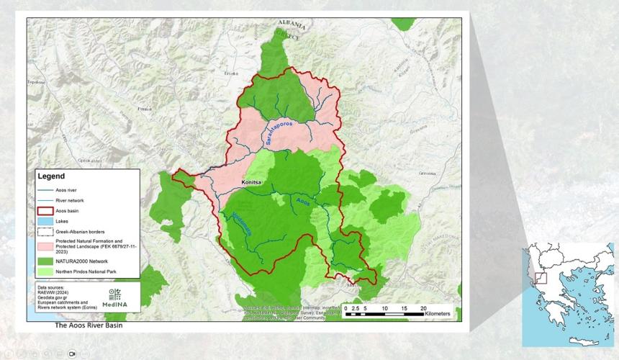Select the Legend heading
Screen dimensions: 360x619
(51, 176)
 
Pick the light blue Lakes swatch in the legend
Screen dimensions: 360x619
(44, 221)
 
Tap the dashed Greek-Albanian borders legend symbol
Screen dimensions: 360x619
(44, 232)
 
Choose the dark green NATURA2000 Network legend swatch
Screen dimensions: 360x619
(44, 260)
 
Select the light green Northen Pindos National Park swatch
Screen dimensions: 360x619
(44, 271)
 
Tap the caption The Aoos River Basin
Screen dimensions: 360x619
(89, 325)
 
